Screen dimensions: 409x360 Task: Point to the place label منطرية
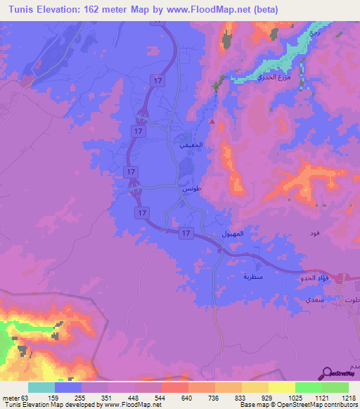pos(252,277)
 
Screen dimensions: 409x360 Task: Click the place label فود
pos(314,233)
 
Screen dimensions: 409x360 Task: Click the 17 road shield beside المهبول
pos(186,233)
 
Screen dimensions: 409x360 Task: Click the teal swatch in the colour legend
pos(41,387)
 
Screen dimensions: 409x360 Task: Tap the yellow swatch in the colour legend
pos(281,387)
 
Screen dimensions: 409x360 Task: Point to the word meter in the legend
pos(10,398)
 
